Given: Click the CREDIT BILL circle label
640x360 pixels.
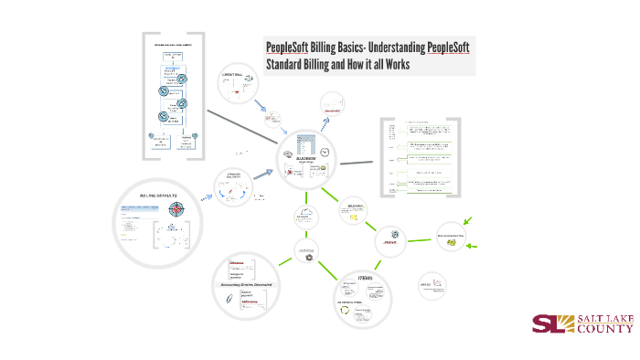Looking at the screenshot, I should point(233,74).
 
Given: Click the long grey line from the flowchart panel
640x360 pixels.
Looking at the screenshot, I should point(242,126).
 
